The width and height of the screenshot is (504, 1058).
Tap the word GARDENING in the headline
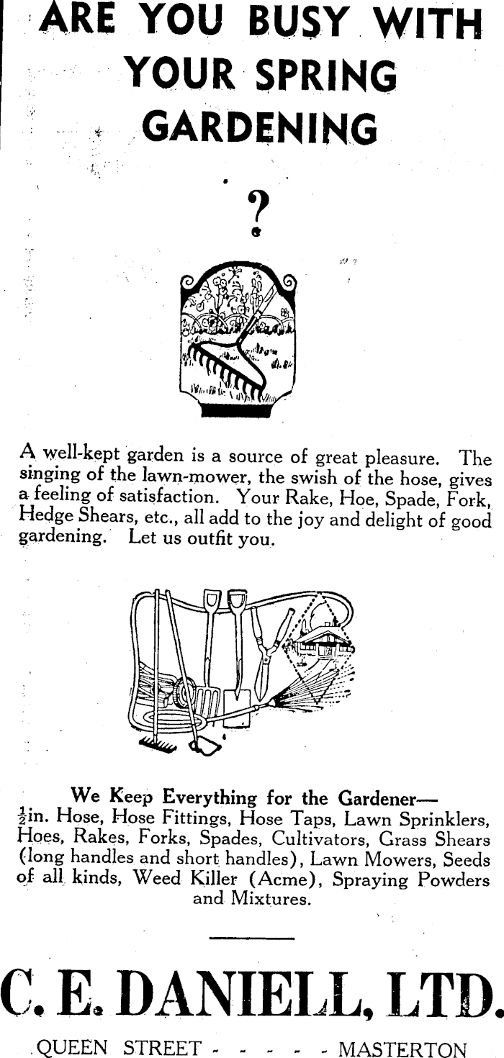260,128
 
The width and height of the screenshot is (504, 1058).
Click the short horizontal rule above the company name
252,939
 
